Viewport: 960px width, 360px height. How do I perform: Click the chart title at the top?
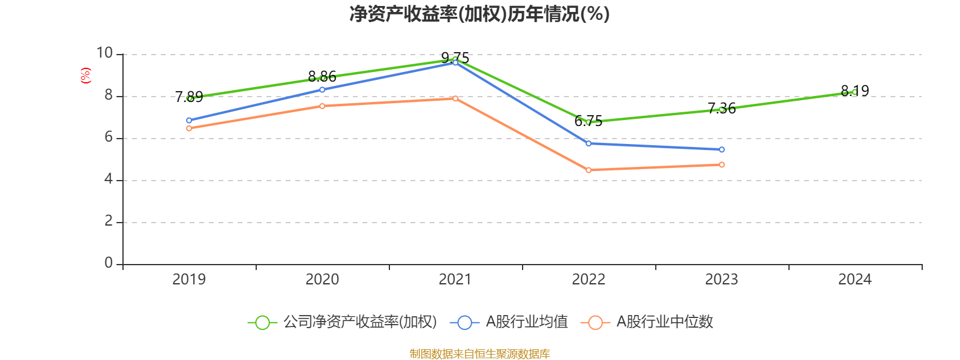click(x=479, y=14)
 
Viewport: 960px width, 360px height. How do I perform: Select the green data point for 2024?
click(x=854, y=92)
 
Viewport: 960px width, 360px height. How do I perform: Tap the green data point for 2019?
click(x=189, y=98)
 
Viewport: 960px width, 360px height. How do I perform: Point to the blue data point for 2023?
click(x=722, y=149)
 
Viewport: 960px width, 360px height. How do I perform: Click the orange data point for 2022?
click(x=589, y=170)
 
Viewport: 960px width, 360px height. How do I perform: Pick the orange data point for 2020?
click(x=322, y=106)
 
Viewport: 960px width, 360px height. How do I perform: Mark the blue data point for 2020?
click(x=322, y=90)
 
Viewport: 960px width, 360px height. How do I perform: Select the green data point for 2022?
click(x=589, y=122)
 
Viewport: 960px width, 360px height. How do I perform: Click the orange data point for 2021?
click(x=455, y=98)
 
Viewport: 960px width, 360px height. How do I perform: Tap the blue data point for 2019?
click(x=189, y=121)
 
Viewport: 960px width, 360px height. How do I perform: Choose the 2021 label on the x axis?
click(x=455, y=280)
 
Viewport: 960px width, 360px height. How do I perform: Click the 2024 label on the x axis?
click(x=854, y=280)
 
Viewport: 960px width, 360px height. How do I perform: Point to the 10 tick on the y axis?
click(x=105, y=54)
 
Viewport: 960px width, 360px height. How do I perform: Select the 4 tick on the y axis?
click(x=109, y=179)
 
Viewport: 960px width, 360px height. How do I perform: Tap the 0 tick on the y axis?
click(x=109, y=263)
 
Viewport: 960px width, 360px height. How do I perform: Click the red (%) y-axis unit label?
click(x=86, y=76)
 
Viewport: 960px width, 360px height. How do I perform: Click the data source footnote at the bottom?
click(x=479, y=354)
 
